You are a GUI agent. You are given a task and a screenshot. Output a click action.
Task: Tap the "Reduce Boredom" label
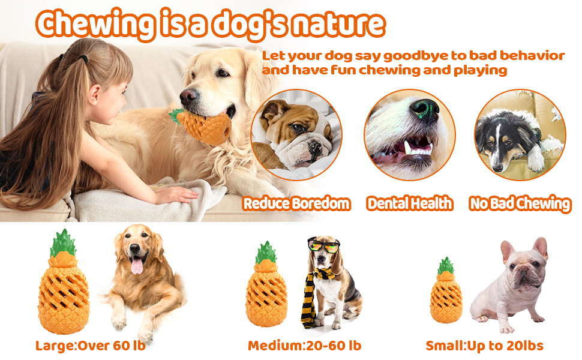pos(296,203)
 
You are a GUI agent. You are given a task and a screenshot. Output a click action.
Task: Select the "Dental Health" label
pos(410,203)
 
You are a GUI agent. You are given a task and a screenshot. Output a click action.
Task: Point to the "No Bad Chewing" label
pos(520,204)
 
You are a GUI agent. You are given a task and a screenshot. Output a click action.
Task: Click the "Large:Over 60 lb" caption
pos(90,346)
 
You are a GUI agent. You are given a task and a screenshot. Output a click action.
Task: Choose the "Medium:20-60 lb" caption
pos(304,346)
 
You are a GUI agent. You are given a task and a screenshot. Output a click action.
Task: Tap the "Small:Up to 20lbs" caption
pos(484,346)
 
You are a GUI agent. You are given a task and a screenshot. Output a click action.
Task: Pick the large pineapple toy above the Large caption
pos(64,282)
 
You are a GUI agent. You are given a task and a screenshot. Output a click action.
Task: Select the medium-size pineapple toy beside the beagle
pos(266,284)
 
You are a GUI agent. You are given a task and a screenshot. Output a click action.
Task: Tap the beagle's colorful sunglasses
pos(323,245)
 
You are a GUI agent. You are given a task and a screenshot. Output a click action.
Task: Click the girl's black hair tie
pos(83,58)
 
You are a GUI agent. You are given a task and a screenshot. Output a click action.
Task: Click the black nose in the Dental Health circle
pos(424,109)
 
